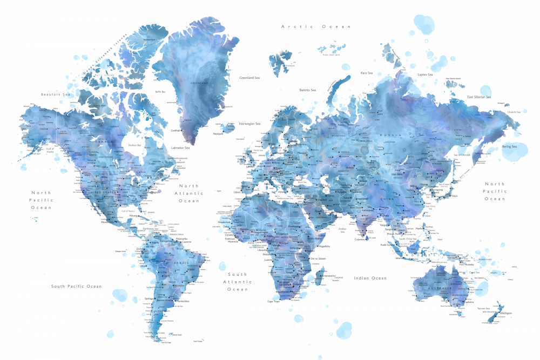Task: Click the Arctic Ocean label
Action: point(316,26)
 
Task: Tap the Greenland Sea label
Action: point(249,78)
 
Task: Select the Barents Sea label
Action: point(307,90)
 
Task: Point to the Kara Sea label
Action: point(367,72)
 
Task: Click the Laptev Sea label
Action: point(426,74)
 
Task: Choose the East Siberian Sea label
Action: point(479,97)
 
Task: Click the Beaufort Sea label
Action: point(56,94)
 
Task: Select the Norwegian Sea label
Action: point(249,123)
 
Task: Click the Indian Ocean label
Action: point(370,278)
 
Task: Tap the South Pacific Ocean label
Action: point(76,286)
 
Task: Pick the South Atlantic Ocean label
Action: point(237,282)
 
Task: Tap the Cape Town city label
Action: point(274,302)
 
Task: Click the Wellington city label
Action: point(506,313)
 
